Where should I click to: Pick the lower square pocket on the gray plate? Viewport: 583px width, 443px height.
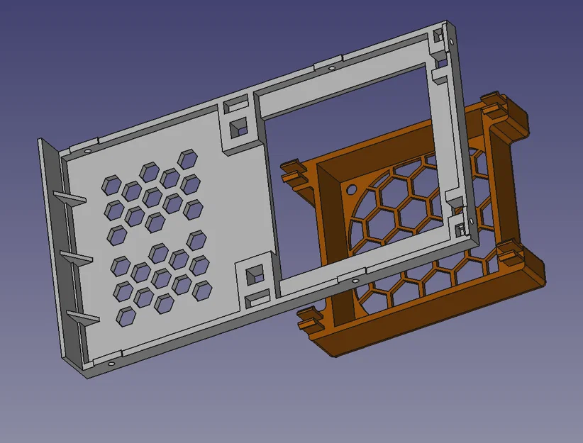point(253,275)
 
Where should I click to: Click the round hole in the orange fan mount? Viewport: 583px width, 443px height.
point(352,190)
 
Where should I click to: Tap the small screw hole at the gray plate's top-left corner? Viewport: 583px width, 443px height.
point(87,152)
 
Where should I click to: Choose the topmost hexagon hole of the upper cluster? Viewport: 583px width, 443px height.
point(188,159)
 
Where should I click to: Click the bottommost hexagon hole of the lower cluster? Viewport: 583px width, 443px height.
point(126,315)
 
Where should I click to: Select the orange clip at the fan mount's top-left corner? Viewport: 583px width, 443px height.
point(295,173)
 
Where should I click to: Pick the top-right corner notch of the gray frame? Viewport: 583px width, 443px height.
point(443,36)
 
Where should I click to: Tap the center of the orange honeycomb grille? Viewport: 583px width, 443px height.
point(411,227)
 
